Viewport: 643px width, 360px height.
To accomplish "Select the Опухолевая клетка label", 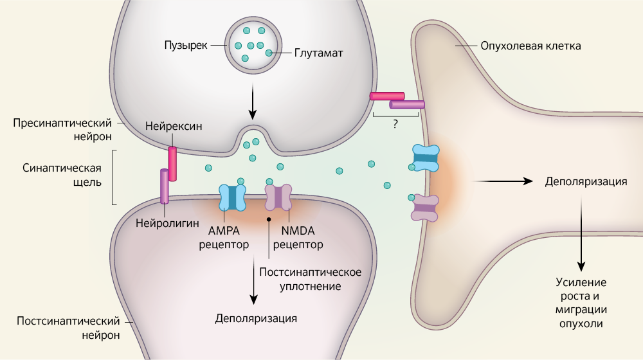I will coord(531,46).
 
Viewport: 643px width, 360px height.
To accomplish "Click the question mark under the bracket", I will coord(395,125).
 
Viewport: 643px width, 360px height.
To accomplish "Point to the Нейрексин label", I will coord(174,126).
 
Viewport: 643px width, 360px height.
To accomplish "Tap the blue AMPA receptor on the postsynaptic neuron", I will coord(232,198).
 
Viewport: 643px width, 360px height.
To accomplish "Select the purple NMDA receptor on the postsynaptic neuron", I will coord(278,197).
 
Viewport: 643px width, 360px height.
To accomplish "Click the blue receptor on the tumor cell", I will coord(425,157).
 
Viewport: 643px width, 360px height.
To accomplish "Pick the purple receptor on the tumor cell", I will coord(425,208).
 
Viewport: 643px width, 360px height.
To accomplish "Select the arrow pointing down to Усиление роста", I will coord(582,235).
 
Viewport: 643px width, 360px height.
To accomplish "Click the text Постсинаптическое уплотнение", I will coord(310,278).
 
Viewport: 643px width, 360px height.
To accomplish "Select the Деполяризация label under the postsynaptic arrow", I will coord(257,318).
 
